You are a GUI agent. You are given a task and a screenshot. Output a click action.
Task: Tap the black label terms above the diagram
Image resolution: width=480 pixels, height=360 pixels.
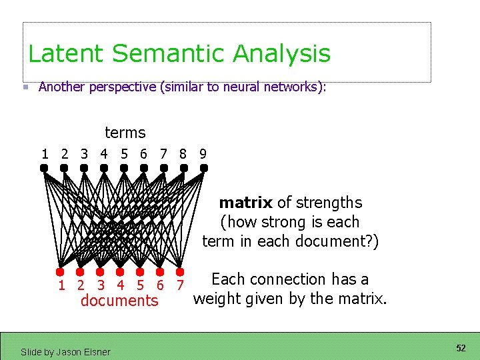point(125,133)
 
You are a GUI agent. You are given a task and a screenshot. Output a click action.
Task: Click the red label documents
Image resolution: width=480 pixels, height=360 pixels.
point(119,301)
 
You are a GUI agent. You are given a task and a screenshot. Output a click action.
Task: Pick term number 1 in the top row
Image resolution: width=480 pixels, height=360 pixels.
point(45,154)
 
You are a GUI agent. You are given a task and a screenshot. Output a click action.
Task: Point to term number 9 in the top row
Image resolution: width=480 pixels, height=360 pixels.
point(203,154)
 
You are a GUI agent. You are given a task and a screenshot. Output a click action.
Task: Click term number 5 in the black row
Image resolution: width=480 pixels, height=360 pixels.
point(124,154)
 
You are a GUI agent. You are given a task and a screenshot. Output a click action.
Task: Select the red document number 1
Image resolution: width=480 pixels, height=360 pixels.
point(61,286)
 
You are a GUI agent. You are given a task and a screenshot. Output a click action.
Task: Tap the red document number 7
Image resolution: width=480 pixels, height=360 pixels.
point(180,286)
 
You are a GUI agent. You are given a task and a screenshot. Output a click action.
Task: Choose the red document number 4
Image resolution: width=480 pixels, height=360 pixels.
point(121,286)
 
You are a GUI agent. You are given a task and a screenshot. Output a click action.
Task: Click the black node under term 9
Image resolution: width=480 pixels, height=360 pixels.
point(203,169)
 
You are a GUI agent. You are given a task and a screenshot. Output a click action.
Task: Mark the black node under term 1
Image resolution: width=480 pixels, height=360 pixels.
point(44,169)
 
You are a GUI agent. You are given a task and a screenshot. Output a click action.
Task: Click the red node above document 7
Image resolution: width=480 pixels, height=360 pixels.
point(180,271)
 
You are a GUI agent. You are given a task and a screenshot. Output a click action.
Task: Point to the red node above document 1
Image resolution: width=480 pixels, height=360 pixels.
point(60,271)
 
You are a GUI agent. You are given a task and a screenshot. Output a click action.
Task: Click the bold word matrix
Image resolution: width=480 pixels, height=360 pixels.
point(245,203)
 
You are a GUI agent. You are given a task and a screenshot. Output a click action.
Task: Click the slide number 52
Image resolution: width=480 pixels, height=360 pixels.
point(461,349)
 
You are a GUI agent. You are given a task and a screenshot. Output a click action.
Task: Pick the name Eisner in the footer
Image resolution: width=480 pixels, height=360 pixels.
point(97,351)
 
